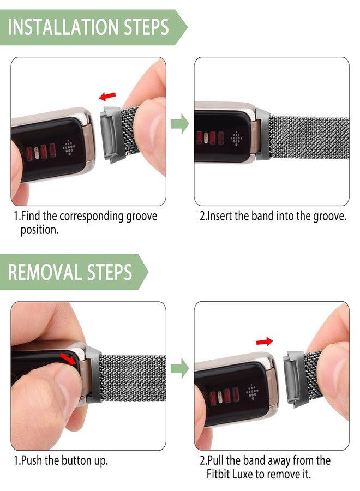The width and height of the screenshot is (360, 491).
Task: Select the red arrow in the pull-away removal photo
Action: (x=264, y=342)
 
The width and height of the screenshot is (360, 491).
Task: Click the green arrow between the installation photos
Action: (x=179, y=124)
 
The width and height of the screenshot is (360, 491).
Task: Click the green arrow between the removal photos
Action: (x=179, y=369)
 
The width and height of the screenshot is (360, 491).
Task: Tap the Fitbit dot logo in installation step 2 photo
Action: (x=236, y=138)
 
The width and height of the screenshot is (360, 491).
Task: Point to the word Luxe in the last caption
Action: (x=251, y=475)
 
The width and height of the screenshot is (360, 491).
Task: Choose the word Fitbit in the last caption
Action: (x=221, y=475)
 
